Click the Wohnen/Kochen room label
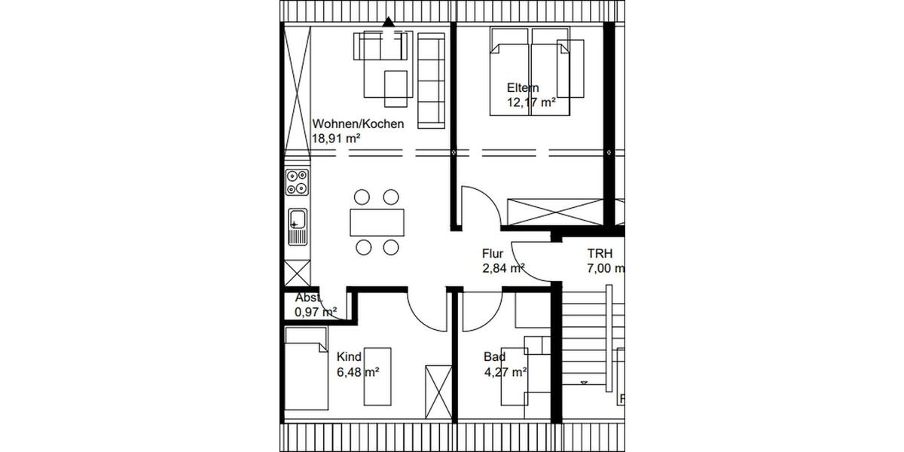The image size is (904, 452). tap(358, 124)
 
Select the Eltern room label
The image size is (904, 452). tap(523, 88)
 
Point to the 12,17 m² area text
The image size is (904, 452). tap(531, 103)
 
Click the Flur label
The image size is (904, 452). tap(493, 254)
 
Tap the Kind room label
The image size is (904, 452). tap(349, 357)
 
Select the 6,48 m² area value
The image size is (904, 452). tap(358, 371)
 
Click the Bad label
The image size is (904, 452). tap(495, 357)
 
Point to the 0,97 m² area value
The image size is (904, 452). tap(316, 311)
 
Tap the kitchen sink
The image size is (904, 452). tap(297, 222)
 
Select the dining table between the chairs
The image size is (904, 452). tap(376, 222)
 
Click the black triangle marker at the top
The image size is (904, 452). tap(388, 23)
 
